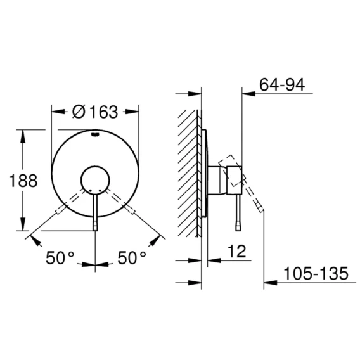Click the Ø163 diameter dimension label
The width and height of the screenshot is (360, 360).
pos(95,112)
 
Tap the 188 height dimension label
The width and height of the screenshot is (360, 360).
pos(23,181)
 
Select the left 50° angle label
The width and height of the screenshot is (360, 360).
pos(60,258)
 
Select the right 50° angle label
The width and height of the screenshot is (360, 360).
pos(132,258)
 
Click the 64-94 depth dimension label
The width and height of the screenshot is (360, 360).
pos(282,84)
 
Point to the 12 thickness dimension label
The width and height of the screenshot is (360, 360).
pos(237,251)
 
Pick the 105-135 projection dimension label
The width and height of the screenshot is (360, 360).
pos(316,273)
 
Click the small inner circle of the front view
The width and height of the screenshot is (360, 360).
pos(95,180)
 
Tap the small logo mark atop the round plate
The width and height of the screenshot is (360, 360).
pos(95,135)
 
